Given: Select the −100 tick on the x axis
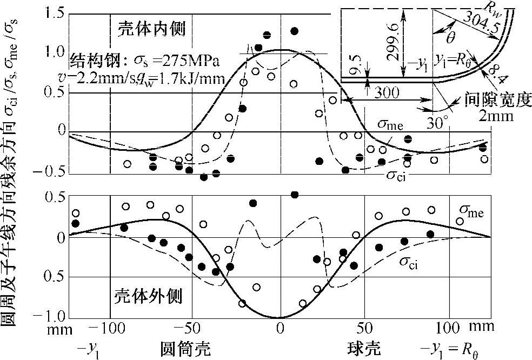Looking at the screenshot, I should (105, 327).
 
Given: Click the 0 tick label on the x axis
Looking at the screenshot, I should (280, 327).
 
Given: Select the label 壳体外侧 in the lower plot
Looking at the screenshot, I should (147, 296).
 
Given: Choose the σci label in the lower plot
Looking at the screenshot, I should (411, 262).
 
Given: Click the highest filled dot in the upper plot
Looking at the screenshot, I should (294, 31).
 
